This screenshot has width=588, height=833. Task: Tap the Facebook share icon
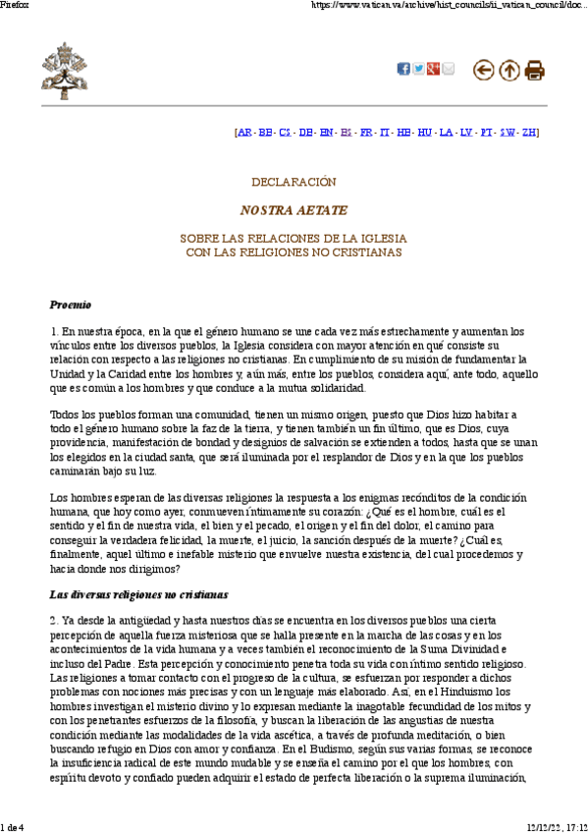point(402,69)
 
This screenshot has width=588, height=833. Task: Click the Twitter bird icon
point(418,69)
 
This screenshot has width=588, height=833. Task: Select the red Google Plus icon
point(433,69)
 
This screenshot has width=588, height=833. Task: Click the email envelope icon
point(449,69)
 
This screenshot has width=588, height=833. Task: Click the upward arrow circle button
point(509,70)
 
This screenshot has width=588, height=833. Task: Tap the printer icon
point(535,70)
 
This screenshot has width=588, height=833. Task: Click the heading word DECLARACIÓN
point(294,182)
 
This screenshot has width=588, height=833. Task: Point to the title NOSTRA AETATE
point(294,210)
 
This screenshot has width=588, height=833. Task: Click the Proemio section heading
point(71,305)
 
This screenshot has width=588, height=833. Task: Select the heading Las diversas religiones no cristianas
point(138,594)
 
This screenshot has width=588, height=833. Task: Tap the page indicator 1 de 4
point(15,826)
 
